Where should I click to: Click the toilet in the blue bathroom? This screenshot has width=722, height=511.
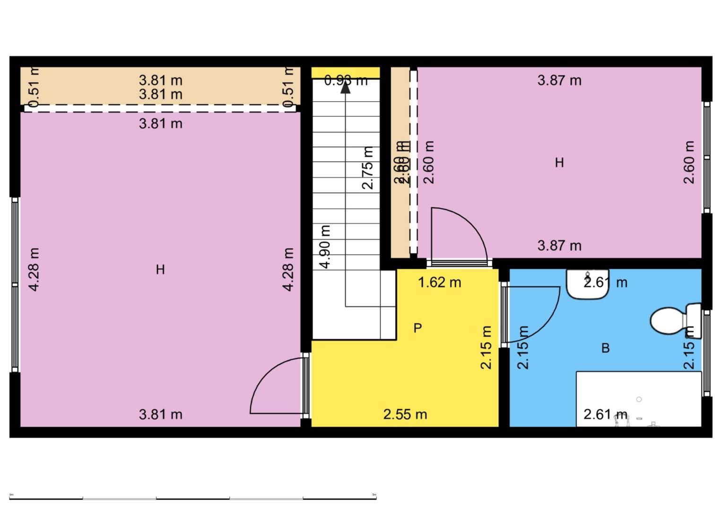pyautogui.click(x=670, y=320)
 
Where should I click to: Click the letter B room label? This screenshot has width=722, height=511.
pyautogui.click(x=605, y=348)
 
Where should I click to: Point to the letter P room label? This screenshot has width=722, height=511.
pyautogui.click(x=418, y=328)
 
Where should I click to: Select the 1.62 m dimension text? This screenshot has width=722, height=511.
pyautogui.click(x=439, y=282)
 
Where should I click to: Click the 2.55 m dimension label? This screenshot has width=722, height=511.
pyautogui.click(x=405, y=414)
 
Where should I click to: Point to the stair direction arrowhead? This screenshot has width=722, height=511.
pyautogui.click(x=346, y=87)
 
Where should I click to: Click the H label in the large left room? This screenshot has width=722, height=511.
pyautogui.click(x=160, y=270)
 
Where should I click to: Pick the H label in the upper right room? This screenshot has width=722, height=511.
pyautogui.click(x=559, y=163)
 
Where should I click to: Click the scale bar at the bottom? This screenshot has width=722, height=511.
pyautogui.click(x=193, y=498)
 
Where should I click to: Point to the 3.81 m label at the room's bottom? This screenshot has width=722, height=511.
pyautogui.click(x=160, y=414)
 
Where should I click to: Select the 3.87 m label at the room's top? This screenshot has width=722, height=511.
pyautogui.click(x=559, y=80)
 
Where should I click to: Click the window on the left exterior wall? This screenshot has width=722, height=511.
pyautogui.click(x=15, y=284)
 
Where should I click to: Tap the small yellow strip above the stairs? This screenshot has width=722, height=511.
pyautogui.click(x=345, y=72)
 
